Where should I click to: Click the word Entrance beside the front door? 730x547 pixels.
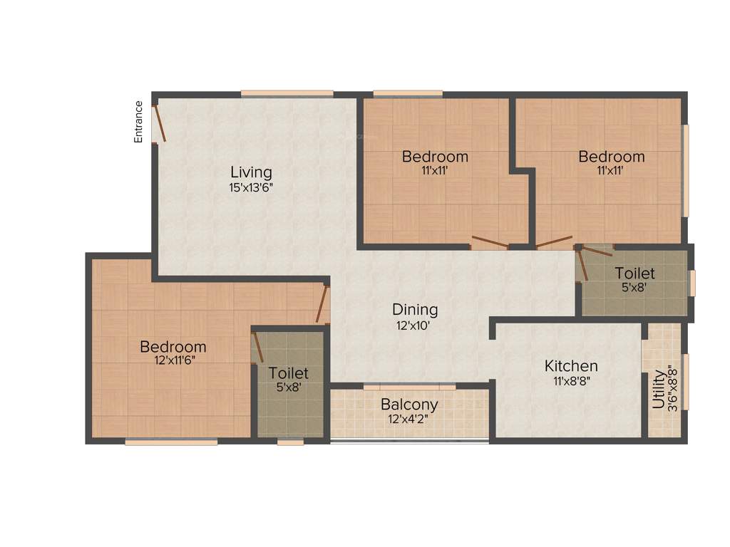pyautogui.click(x=139, y=122)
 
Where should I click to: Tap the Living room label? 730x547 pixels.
pyautogui.click(x=251, y=172)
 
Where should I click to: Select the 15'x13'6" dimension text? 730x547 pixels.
pyautogui.click(x=251, y=188)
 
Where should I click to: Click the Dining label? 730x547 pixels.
pyautogui.click(x=415, y=310)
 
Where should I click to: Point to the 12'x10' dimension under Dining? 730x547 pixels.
pyautogui.click(x=415, y=325)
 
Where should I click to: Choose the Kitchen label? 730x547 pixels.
pyautogui.click(x=571, y=366)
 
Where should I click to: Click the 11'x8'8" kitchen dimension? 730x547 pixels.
pyautogui.click(x=571, y=381)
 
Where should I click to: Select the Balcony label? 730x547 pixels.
pyautogui.click(x=409, y=405)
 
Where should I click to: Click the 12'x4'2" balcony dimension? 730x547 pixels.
pyautogui.click(x=409, y=419)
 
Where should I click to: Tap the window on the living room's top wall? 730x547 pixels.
pyautogui.click(x=287, y=93)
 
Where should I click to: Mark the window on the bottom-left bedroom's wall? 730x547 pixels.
pyautogui.click(x=171, y=442)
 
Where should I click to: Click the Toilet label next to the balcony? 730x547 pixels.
pyautogui.click(x=289, y=373)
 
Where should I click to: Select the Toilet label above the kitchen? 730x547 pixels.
pyautogui.click(x=634, y=273)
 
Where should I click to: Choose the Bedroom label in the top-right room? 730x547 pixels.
pyautogui.click(x=612, y=157)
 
